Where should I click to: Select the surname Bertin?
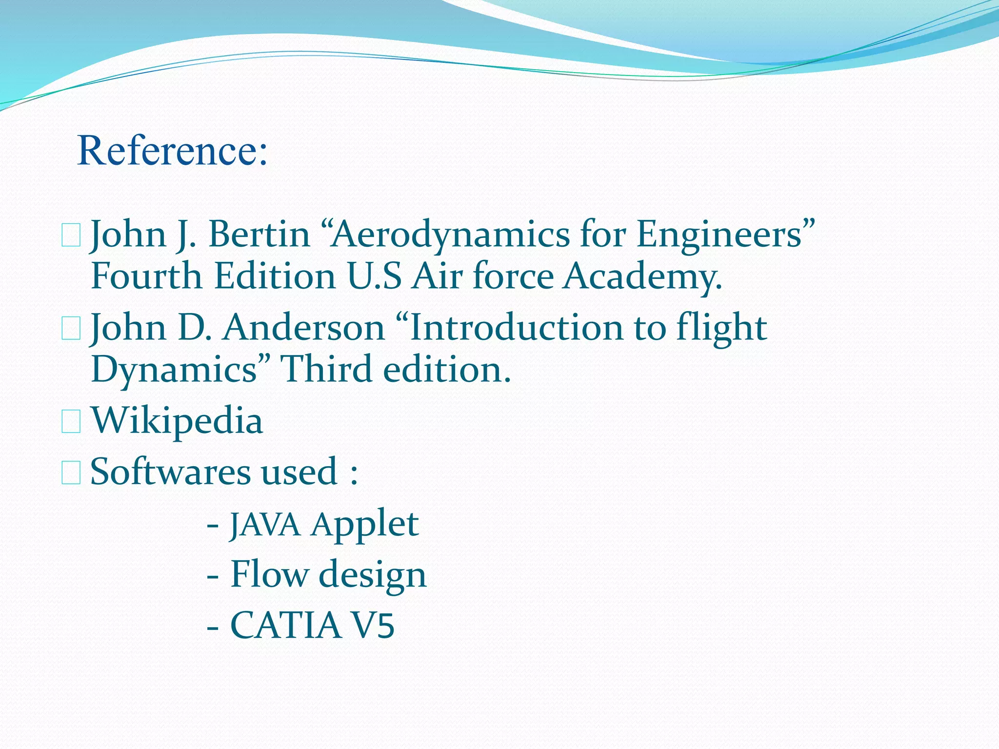click(x=260, y=235)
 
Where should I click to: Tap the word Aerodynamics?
click(x=449, y=235)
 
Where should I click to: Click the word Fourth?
click(x=146, y=276)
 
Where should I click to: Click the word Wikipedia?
click(x=177, y=421)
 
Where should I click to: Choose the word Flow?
click(x=269, y=574)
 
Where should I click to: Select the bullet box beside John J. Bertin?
click(x=71, y=236)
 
